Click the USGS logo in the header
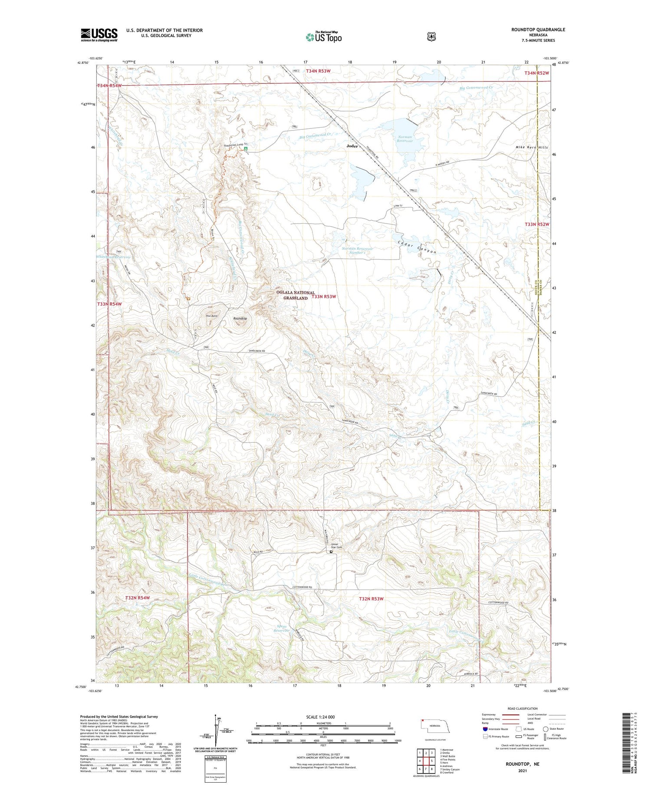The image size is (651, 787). pyautogui.click(x=99, y=35)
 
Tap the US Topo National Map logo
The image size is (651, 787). pyautogui.click(x=323, y=37)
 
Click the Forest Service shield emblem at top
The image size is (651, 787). pyautogui.click(x=431, y=37)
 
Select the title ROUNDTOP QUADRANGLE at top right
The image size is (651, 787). pyautogui.click(x=538, y=30)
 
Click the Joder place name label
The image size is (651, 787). pyautogui.click(x=352, y=146)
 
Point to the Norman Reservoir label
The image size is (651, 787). pyautogui.click(x=404, y=139)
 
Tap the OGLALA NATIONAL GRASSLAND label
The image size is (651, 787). pyautogui.click(x=295, y=295)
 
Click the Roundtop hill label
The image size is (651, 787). pyautogui.click(x=240, y=319)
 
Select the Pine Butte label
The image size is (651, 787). pyautogui.click(x=211, y=316)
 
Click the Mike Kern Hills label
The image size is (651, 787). pyautogui.click(x=531, y=148)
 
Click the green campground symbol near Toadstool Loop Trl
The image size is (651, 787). pyautogui.click(x=246, y=149)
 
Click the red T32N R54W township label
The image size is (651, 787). pyautogui.click(x=137, y=598)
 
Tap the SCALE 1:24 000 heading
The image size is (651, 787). pyautogui.click(x=320, y=717)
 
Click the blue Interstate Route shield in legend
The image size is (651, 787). pyautogui.click(x=485, y=729)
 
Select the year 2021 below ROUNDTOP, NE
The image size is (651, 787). pyautogui.click(x=522, y=771)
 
